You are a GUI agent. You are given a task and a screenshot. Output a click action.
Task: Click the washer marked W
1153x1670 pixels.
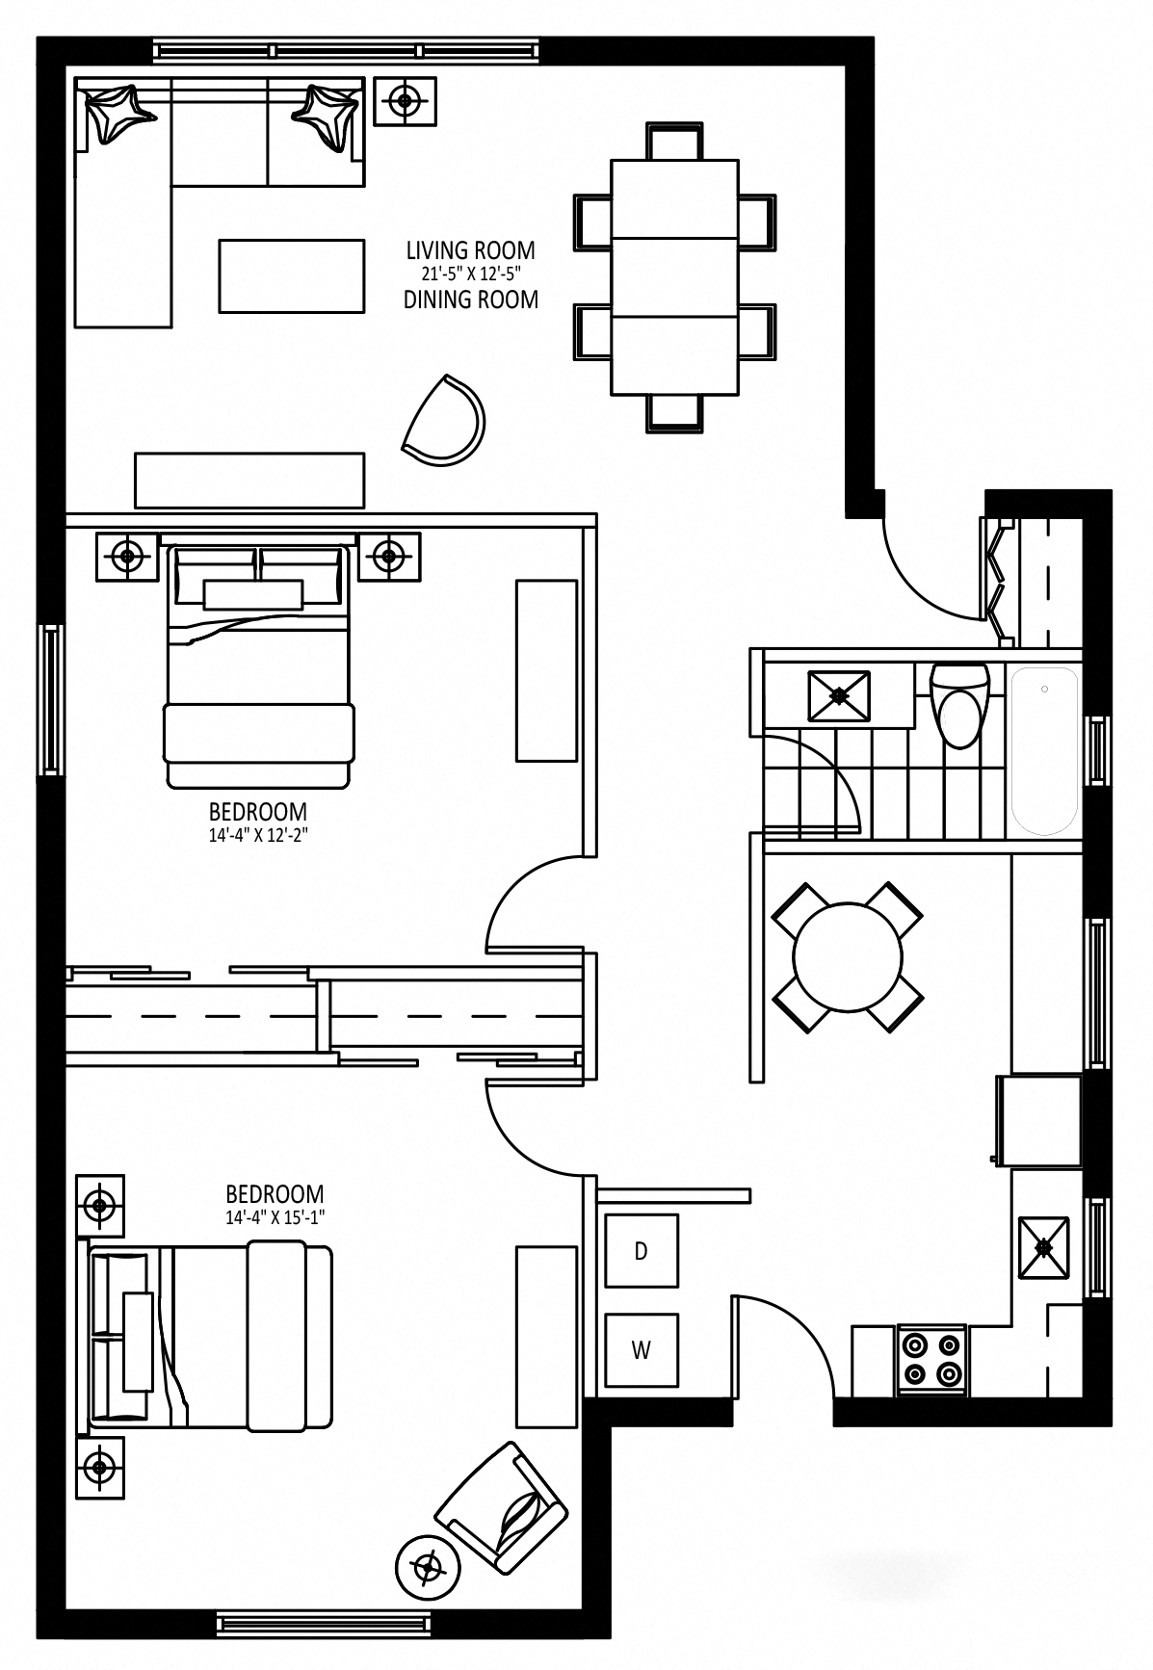641,1349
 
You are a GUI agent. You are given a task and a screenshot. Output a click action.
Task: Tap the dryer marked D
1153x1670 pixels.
641,1251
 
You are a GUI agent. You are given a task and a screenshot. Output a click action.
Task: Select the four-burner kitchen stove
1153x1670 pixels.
931,1359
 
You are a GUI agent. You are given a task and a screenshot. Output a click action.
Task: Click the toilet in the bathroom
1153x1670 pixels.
958,705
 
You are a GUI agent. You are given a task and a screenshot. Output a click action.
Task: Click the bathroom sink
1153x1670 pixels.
839,695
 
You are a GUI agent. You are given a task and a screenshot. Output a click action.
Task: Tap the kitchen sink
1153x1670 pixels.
1044,1247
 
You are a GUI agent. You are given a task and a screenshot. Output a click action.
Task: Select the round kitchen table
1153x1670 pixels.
848,956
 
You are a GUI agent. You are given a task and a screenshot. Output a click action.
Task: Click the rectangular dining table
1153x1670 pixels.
675,275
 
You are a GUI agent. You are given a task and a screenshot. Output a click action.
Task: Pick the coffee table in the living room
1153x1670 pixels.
292,275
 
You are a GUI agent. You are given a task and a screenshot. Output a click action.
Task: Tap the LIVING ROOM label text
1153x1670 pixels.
470,250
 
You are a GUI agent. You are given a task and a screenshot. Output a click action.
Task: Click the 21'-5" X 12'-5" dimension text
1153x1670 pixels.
470,274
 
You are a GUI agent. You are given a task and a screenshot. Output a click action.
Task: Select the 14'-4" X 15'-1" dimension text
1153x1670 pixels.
275,1217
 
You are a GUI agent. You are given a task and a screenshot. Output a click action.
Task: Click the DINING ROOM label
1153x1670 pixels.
470,300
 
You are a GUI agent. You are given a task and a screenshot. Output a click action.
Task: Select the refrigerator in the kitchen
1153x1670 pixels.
1040,1120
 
